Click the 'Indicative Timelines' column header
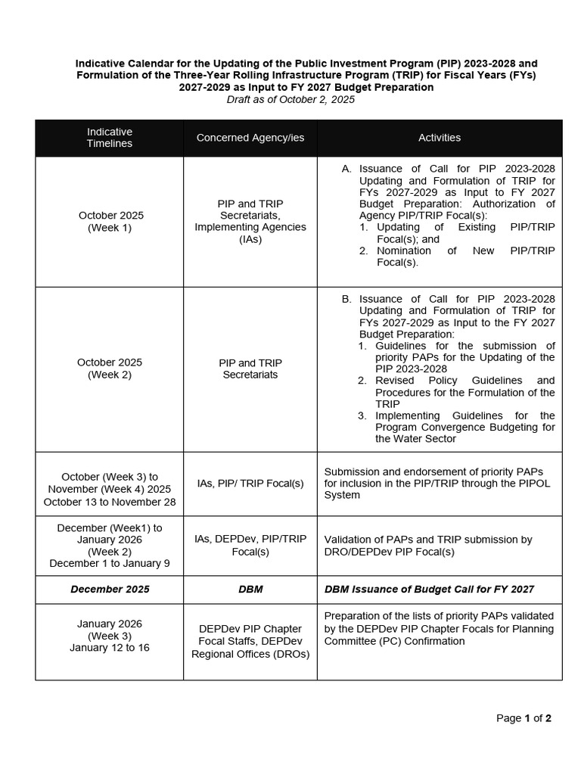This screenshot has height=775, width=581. (109, 138)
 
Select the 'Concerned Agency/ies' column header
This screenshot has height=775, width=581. (250, 138)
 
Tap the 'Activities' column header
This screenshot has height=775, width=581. (440, 138)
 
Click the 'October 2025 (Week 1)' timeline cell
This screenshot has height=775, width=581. (110, 222)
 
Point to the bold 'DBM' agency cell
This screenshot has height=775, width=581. (250, 590)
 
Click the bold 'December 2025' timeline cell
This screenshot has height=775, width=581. (110, 590)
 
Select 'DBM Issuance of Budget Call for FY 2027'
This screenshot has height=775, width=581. (429, 590)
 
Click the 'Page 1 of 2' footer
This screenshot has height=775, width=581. (524, 718)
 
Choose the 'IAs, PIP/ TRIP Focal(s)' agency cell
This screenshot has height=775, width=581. (250, 483)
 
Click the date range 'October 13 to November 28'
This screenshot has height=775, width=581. (110, 502)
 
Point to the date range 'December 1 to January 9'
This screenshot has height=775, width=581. (110, 563)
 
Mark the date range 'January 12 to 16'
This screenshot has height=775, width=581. (110, 648)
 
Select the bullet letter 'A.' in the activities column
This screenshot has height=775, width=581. (346, 169)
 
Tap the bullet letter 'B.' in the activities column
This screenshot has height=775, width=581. (346, 299)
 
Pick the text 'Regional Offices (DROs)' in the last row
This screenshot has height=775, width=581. (250, 654)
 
